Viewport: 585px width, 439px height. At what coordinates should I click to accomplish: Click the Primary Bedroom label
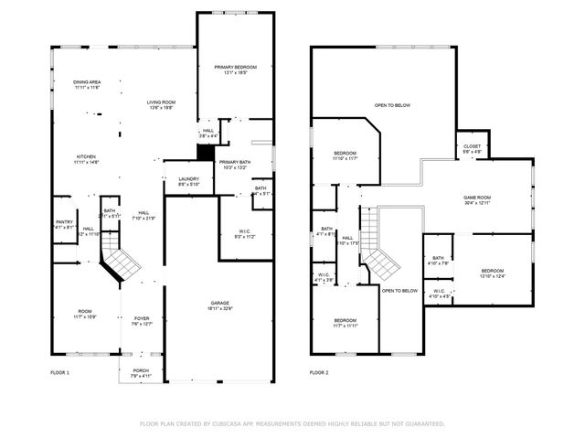point(236,68)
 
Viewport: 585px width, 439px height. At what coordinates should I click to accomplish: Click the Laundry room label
point(189,179)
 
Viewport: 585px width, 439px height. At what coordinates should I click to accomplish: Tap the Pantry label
point(64,221)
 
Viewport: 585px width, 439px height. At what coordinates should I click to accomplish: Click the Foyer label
point(140,319)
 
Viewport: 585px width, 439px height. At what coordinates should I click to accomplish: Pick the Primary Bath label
point(236,162)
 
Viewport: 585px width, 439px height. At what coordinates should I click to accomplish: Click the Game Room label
point(478,198)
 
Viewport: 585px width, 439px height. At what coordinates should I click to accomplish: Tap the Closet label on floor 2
point(472,146)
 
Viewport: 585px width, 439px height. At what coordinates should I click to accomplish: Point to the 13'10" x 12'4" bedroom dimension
point(493,276)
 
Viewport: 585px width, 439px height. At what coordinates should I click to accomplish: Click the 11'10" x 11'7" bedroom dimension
point(345,158)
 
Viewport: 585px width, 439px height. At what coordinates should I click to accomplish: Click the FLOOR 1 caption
point(59,373)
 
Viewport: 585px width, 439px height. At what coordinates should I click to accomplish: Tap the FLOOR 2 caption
point(318,373)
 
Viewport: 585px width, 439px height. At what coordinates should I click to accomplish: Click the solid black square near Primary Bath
point(206,154)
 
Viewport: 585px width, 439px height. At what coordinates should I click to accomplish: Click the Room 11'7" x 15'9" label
point(85,316)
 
